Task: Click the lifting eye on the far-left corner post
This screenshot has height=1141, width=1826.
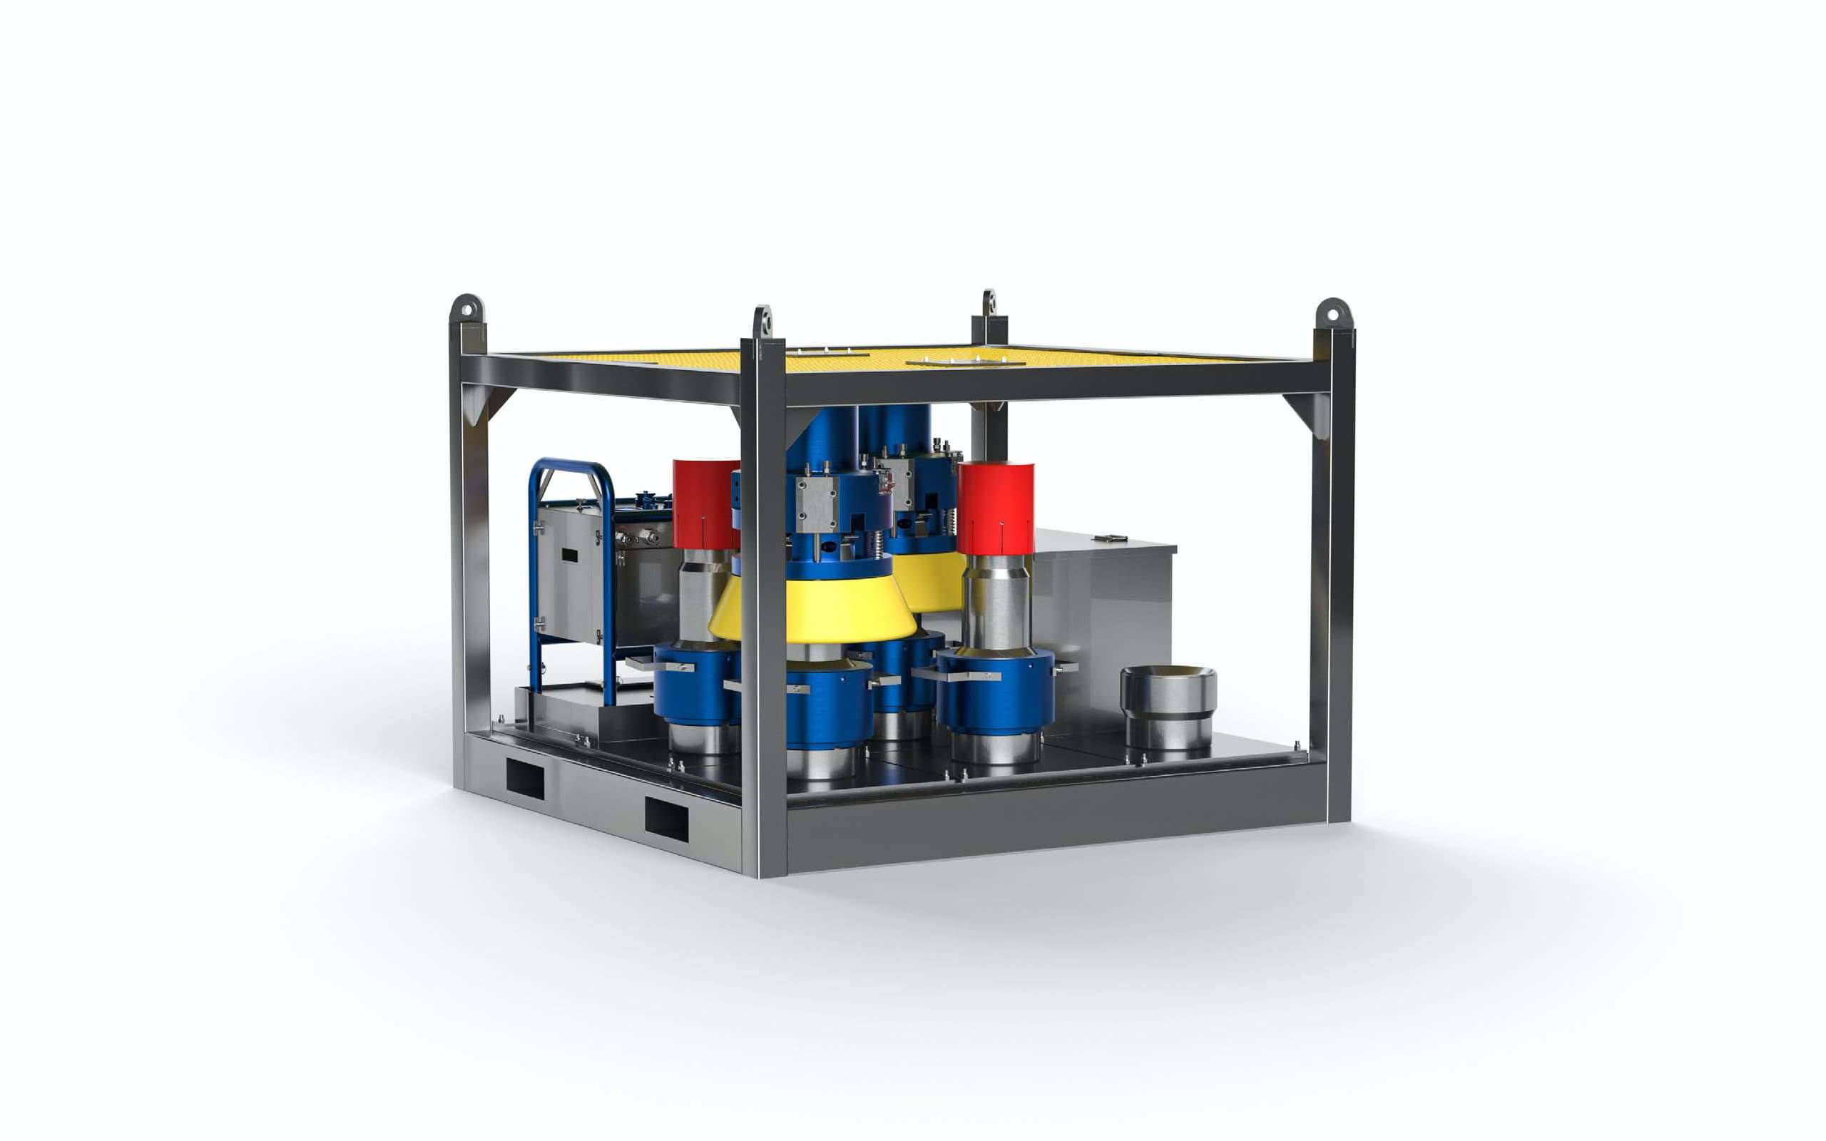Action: click(x=467, y=309)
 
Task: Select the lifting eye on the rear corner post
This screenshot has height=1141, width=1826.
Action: click(x=989, y=304)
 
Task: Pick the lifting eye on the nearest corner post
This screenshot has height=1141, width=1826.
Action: click(x=764, y=321)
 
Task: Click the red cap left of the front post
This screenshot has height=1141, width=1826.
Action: click(x=705, y=503)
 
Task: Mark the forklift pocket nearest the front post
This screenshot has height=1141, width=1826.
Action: click(x=666, y=819)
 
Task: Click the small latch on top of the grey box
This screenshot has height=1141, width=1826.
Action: click(x=1112, y=537)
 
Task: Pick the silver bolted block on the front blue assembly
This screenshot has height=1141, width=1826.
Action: click(x=814, y=506)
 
